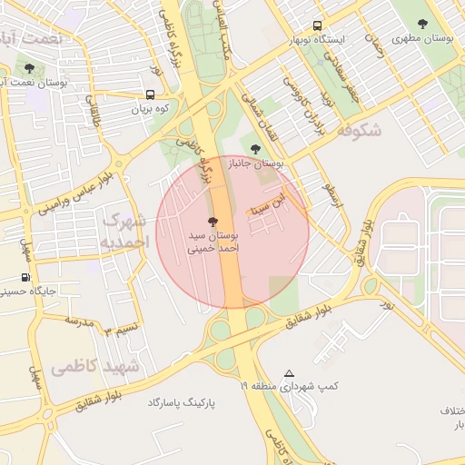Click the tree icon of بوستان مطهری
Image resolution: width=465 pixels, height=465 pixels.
click(x=422, y=25)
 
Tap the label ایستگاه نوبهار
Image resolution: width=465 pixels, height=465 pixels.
click(x=317, y=41)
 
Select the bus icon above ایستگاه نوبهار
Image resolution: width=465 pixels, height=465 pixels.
click(x=317, y=26)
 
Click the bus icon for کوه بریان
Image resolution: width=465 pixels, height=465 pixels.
click(x=150, y=94)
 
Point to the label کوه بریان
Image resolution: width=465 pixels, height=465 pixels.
click(x=151, y=109)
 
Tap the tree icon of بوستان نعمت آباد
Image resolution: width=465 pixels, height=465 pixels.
click(x=30, y=68)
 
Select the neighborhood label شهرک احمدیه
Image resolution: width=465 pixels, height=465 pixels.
click(x=125, y=231)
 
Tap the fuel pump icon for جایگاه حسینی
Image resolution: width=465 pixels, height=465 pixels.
click(x=25, y=278)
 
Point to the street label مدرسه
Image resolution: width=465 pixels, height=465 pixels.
click(x=79, y=321)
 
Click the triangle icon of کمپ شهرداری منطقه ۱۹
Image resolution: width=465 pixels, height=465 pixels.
click(x=289, y=373)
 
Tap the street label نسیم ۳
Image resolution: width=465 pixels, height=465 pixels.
click(x=121, y=329)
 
